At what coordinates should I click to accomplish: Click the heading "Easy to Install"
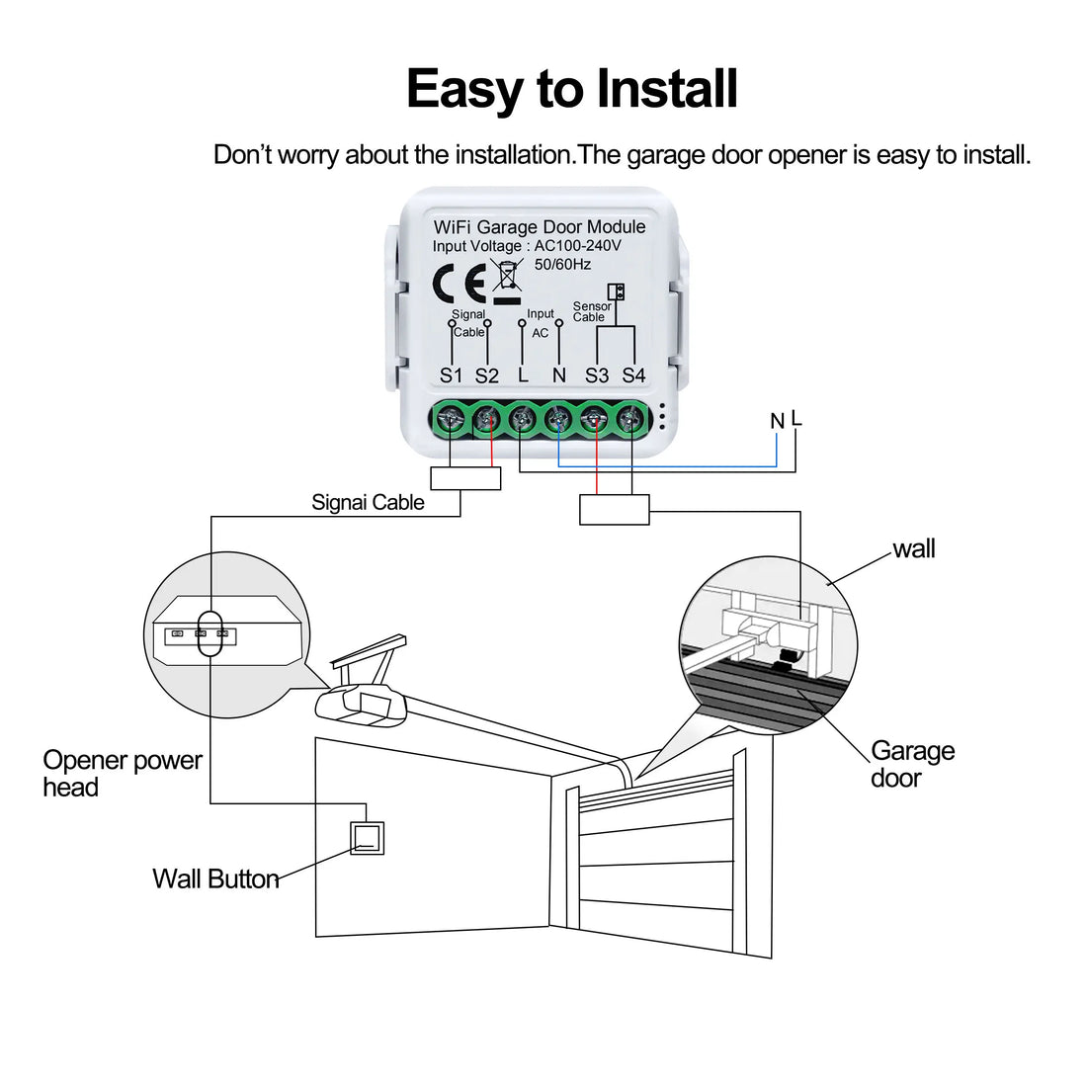point(571,89)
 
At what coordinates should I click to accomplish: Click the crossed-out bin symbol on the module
point(507,279)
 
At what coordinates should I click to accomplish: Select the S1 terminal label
point(452,376)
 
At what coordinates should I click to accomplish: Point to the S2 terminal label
point(487,376)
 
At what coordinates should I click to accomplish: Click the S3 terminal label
point(597,376)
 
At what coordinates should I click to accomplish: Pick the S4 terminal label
point(633,376)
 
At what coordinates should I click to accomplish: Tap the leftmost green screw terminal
point(452,420)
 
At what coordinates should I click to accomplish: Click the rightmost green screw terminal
point(629,420)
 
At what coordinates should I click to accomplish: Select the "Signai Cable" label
point(368,502)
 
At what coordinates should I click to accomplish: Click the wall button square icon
point(368,838)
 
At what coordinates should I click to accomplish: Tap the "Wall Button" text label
point(215,878)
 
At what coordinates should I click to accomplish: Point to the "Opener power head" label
point(122,774)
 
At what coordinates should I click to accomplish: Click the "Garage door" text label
point(912,764)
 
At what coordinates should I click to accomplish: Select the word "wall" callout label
point(913,549)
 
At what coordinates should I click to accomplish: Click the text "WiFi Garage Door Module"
point(540,227)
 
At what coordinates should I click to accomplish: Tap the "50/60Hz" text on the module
point(562,264)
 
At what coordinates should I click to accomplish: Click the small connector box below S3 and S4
point(614,509)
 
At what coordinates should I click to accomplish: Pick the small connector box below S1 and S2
point(467,478)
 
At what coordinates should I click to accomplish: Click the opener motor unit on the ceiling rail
point(361,705)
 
